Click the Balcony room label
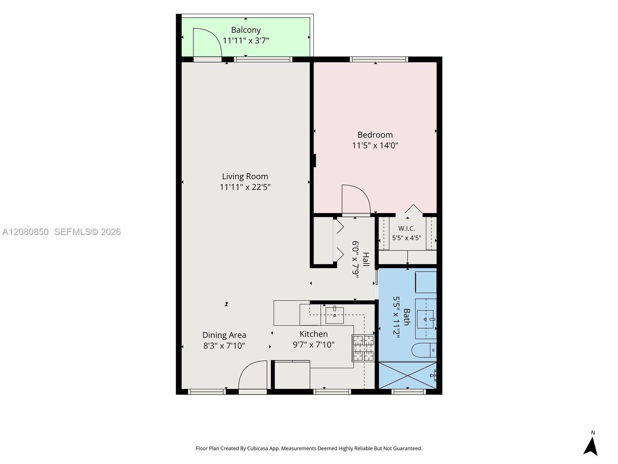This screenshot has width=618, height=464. tap(246, 30)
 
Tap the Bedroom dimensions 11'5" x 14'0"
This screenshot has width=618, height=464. tap(375, 145)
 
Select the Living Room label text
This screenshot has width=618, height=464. tap(245, 176)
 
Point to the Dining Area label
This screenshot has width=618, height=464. tap(224, 335)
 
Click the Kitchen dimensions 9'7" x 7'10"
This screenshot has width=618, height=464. tap(314, 345)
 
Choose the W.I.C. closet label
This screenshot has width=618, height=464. tap(407, 228)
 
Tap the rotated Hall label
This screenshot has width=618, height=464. tap(365, 259)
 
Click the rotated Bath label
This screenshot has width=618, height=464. tap(407, 317)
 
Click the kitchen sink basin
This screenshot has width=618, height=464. tap(334, 316)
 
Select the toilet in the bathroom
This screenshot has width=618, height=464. tap(424, 350)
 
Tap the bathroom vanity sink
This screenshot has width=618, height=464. tap(426, 319)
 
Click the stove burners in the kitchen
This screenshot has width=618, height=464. tap(363, 348)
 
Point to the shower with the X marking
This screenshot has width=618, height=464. tap(407, 375)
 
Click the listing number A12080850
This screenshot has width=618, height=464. tap(25, 232)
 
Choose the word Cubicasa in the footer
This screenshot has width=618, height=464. tap(258, 449)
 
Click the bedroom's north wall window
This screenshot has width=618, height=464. tap(379, 59)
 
